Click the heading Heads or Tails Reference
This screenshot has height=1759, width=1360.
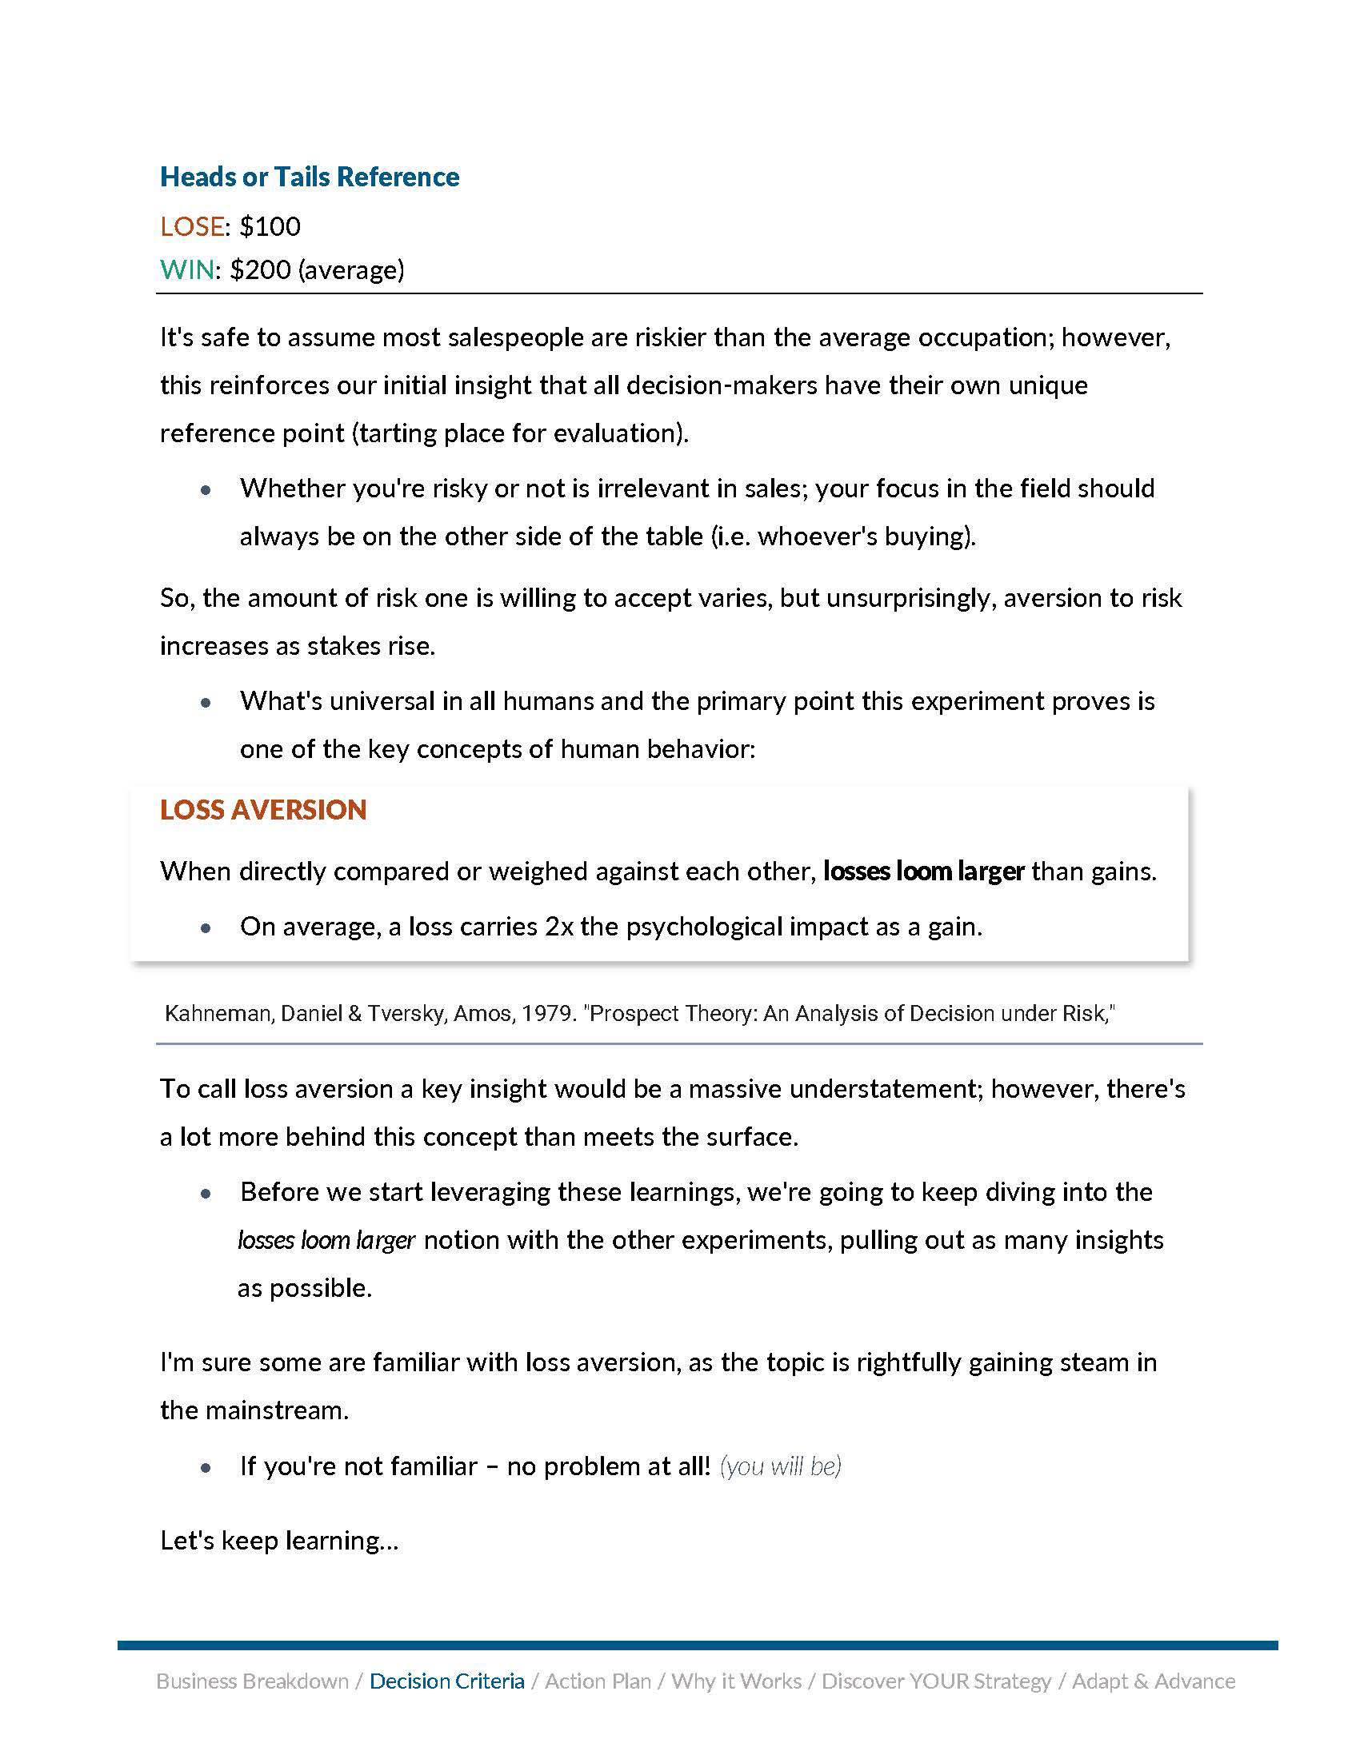click(310, 177)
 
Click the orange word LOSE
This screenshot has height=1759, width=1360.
click(192, 226)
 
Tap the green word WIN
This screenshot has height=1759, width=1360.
click(187, 269)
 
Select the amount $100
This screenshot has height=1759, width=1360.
click(270, 226)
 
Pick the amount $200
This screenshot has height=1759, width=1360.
click(260, 269)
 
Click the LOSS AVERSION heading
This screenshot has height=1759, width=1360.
click(262, 809)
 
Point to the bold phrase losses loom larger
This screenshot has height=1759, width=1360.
click(923, 871)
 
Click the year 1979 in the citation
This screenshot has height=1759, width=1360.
click(548, 1013)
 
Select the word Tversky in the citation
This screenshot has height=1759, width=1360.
click(407, 1013)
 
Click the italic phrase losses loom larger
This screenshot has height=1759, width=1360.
click(326, 1239)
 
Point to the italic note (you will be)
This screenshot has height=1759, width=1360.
click(780, 1466)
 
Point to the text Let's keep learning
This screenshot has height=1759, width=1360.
click(278, 1540)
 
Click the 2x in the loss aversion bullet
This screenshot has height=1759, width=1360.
click(559, 926)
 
